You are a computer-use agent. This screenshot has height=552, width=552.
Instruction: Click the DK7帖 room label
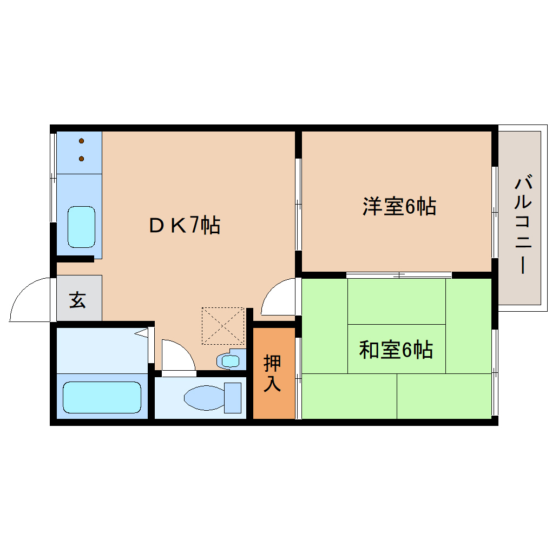[x=185, y=225]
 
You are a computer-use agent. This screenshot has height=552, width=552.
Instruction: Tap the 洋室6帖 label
[x=399, y=207]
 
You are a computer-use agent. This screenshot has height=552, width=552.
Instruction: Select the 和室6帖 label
[x=396, y=351]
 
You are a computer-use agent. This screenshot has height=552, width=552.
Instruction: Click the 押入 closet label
[x=272, y=373]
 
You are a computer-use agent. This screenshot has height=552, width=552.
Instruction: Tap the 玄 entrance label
[x=78, y=299]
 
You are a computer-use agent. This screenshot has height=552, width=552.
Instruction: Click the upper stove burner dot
[x=82, y=141]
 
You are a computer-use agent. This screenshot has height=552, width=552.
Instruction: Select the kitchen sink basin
[x=81, y=226]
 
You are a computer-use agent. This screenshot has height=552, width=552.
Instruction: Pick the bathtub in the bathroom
[x=102, y=397]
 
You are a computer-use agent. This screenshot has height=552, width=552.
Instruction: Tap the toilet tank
[x=233, y=398]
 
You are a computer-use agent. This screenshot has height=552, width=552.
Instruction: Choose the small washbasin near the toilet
[x=231, y=360]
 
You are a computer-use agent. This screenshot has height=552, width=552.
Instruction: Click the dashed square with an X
[x=223, y=326]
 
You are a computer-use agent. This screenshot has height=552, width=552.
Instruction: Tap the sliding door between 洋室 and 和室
[x=399, y=275]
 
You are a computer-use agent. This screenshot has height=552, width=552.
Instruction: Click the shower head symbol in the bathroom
[x=141, y=333]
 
